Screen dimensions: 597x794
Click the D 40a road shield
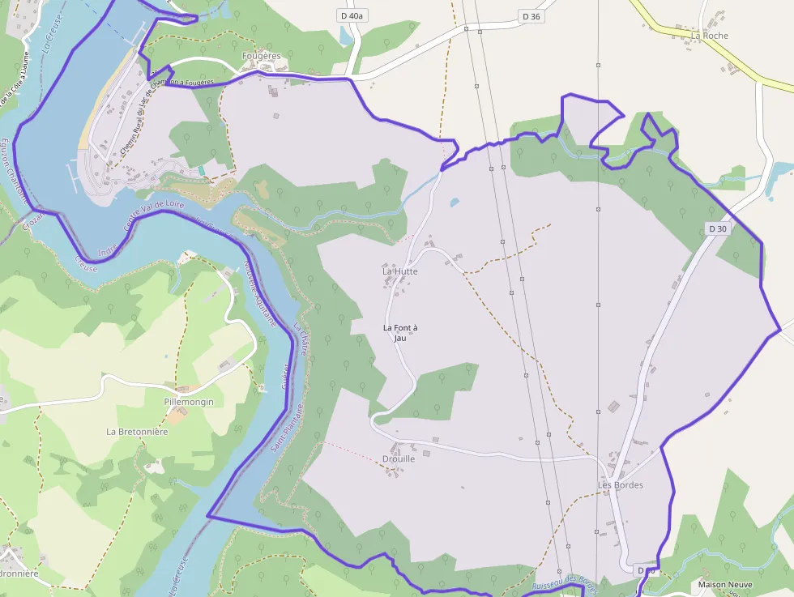click(x=353, y=16)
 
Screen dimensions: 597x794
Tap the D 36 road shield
click(x=531, y=16)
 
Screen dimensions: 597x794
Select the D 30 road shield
click(x=718, y=229)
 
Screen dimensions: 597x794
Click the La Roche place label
click(x=710, y=36)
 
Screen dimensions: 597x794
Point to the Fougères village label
click(x=261, y=56)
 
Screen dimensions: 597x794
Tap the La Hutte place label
click(x=400, y=271)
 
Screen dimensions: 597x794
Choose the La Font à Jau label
click(x=400, y=332)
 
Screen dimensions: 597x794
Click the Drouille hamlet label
click(x=399, y=458)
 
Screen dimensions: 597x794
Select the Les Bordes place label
click(x=621, y=485)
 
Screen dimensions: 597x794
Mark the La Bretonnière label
click(x=137, y=432)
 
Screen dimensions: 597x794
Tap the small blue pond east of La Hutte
click(x=455, y=203)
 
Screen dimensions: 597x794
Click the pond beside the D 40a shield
click(x=347, y=36)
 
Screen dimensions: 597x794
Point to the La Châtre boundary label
click(x=301, y=340)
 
